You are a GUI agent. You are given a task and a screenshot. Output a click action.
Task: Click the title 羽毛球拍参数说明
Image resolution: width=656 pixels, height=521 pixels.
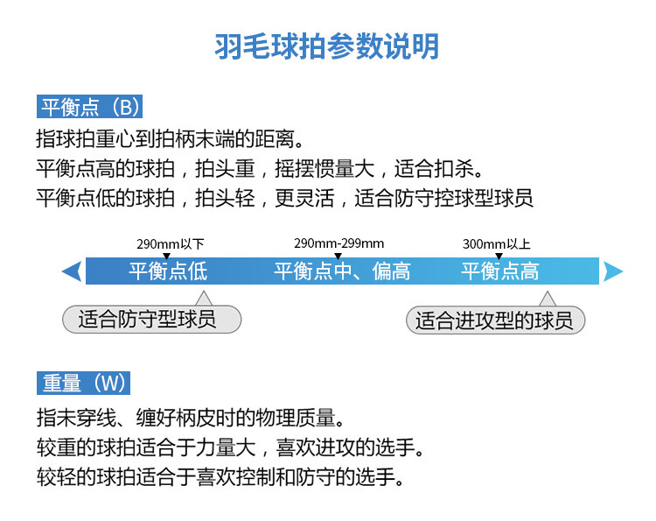327,46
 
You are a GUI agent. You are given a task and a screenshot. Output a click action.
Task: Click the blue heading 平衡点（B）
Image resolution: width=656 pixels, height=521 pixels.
89,107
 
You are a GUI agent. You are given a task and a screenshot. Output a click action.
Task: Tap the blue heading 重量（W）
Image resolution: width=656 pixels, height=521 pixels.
84,383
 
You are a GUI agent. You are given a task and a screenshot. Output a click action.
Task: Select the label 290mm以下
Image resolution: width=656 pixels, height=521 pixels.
171,244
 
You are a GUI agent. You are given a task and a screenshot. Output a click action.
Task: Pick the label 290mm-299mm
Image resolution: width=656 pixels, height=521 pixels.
338,243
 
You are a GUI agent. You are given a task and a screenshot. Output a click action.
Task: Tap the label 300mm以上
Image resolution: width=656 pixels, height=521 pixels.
496,244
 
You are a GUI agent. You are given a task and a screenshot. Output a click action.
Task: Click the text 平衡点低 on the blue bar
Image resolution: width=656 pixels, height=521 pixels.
168,271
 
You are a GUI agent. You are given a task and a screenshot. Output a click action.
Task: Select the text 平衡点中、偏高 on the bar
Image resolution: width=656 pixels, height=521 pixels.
342,271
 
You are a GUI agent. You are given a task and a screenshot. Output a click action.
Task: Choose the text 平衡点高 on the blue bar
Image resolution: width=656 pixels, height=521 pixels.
500,271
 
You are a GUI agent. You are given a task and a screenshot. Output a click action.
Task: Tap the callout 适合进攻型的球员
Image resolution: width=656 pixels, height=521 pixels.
495,320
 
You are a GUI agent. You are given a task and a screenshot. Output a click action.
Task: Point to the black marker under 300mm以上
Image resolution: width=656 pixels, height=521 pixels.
499,256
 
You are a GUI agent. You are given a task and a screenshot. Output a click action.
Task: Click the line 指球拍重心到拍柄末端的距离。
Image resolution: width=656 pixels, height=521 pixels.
170,138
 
